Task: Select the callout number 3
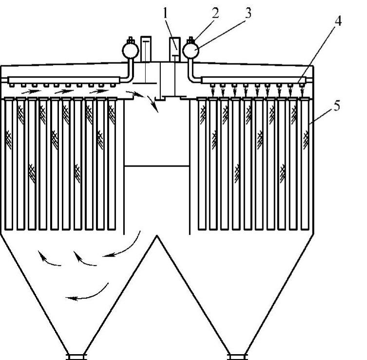(248, 13)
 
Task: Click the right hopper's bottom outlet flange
(238, 356)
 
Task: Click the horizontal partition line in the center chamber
(157, 166)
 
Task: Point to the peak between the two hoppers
(157, 237)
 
